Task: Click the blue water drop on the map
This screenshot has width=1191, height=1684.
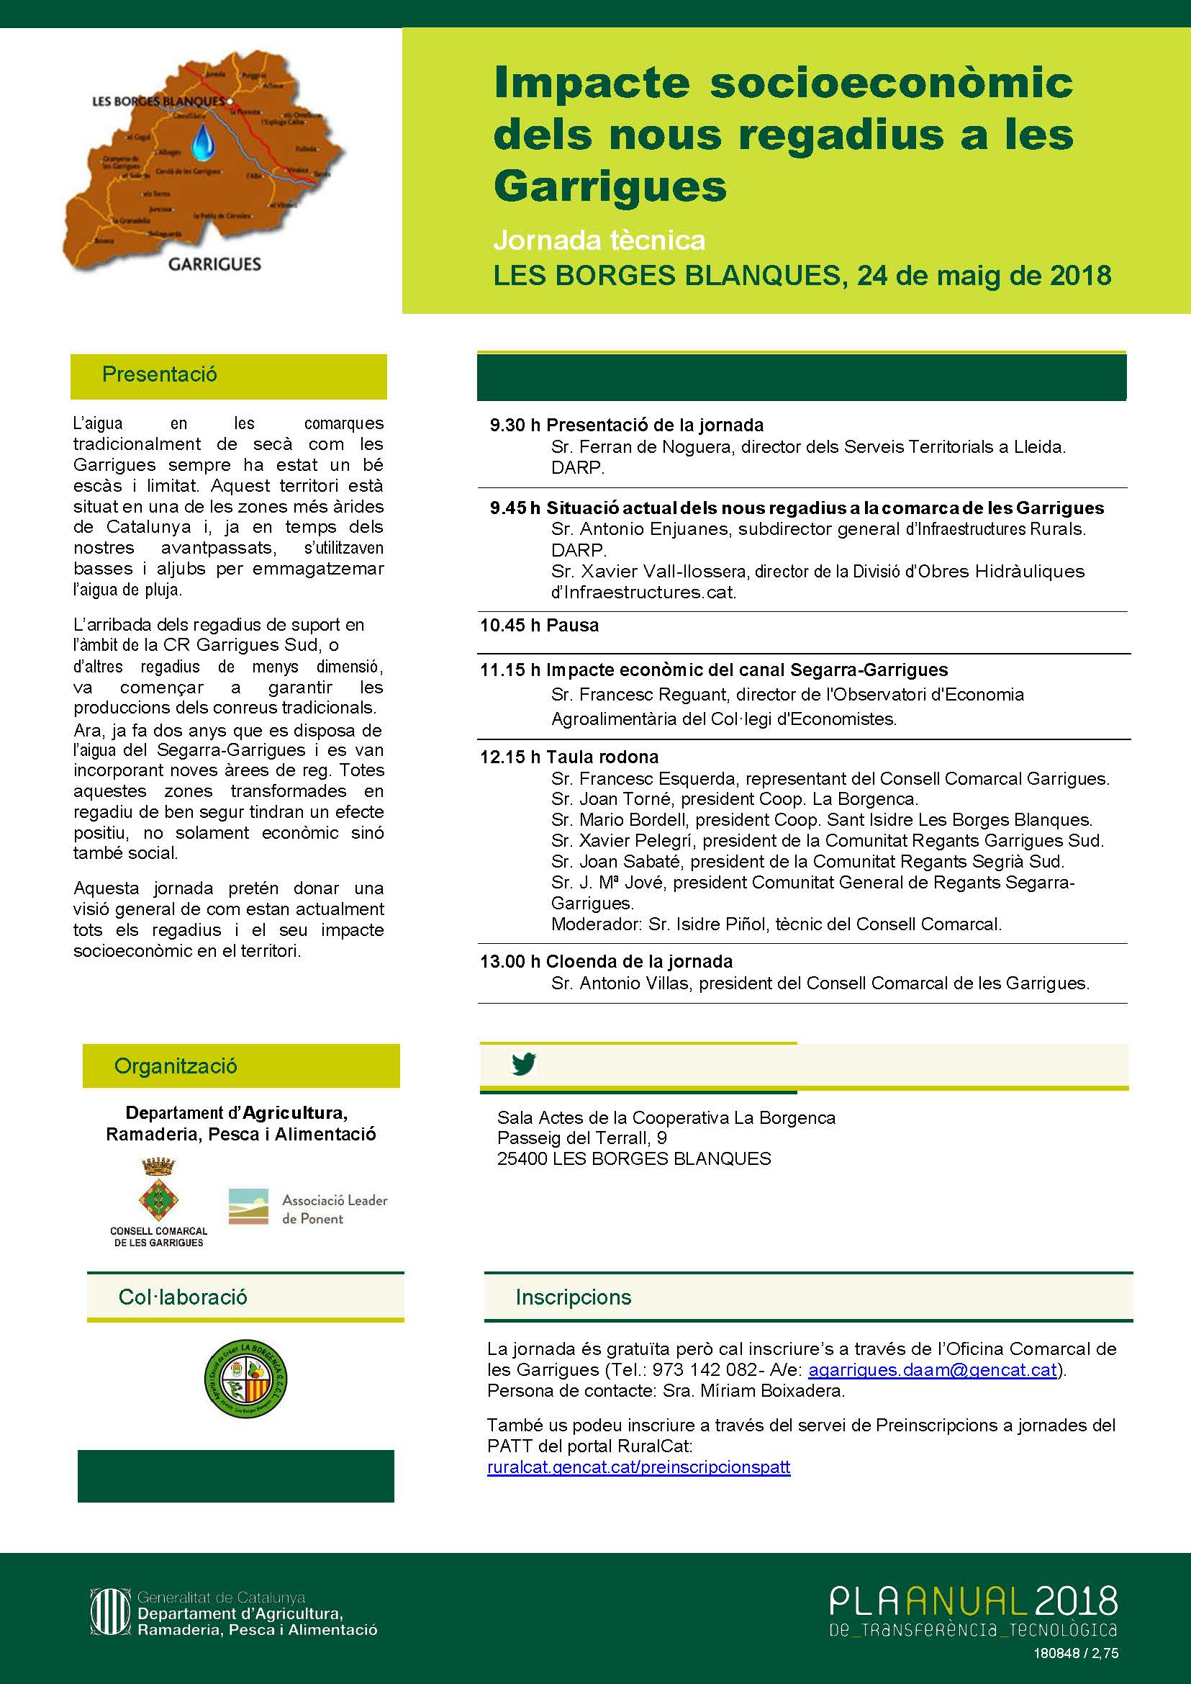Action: (203, 142)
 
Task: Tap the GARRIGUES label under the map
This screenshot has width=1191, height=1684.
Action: (214, 264)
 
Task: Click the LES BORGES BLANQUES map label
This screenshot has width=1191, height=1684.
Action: (158, 102)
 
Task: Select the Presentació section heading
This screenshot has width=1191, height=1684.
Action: (159, 374)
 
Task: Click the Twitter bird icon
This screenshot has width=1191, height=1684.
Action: (524, 1064)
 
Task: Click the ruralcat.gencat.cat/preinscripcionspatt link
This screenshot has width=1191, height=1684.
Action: (638, 1467)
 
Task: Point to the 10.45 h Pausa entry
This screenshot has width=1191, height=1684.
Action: (539, 625)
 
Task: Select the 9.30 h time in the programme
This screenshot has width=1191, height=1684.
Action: (515, 425)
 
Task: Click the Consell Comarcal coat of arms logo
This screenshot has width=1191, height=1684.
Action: (158, 1189)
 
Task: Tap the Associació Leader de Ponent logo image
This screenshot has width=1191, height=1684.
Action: (248, 1207)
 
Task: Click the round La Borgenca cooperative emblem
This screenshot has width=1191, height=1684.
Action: (245, 1379)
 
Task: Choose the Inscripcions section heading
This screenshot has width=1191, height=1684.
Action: (573, 1297)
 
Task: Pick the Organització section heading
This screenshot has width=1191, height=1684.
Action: (176, 1066)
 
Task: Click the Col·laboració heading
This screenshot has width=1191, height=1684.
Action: (183, 1297)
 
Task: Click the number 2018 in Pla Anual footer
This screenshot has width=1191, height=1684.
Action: (1076, 1600)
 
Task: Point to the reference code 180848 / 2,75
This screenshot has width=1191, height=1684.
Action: (1076, 1653)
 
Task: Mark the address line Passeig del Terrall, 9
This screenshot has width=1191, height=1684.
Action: (581, 1138)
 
